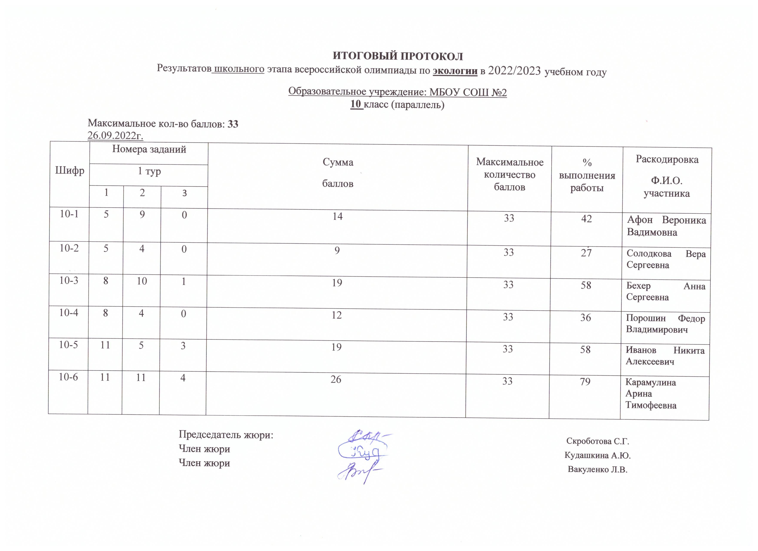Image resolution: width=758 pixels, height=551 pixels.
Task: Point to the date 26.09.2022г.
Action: [x=115, y=135]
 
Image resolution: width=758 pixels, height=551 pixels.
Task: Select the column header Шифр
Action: [x=70, y=171]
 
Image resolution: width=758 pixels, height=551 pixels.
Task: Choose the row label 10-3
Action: [x=69, y=280]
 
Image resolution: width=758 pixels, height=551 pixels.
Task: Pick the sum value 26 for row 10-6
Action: [x=336, y=379]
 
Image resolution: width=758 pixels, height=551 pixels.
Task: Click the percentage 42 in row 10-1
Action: [x=587, y=219]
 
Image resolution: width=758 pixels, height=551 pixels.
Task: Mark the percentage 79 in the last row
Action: [x=585, y=382]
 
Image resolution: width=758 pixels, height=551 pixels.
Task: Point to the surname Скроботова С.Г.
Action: [x=598, y=441]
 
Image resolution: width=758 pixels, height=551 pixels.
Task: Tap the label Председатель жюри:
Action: [x=226, y=435]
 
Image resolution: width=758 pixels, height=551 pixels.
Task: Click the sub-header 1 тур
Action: [x=149, y=171]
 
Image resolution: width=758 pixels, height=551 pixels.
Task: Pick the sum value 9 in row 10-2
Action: [x=337, y=250]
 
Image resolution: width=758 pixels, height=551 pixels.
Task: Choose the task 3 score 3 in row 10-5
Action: [x=183, y=345]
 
